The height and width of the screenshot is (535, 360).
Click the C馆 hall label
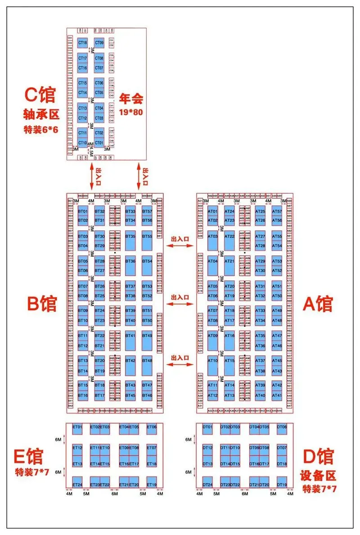[x=40, y=96]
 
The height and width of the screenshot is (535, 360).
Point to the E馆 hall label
[x=28, y=456]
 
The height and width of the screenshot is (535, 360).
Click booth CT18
[x=83, y=43]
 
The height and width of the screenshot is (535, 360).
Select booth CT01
[x=99, y=142]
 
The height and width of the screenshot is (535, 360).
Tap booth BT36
[x=130, y=261]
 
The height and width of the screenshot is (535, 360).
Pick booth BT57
[x=147, y=211]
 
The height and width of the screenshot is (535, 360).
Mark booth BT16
[x=83, y=395]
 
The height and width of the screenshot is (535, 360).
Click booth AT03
[x=212, y=236]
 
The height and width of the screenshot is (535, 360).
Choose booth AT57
[x=277, y=211]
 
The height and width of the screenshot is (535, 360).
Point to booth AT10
[x=212, y=360]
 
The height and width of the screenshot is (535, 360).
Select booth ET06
[x=152, y=427]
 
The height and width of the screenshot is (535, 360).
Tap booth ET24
[x=77, y=484]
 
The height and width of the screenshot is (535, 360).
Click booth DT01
[x=207, y=427]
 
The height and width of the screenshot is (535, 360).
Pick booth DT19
[x=282, y=484]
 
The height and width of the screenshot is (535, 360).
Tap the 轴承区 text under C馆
[x=41, y=115]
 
